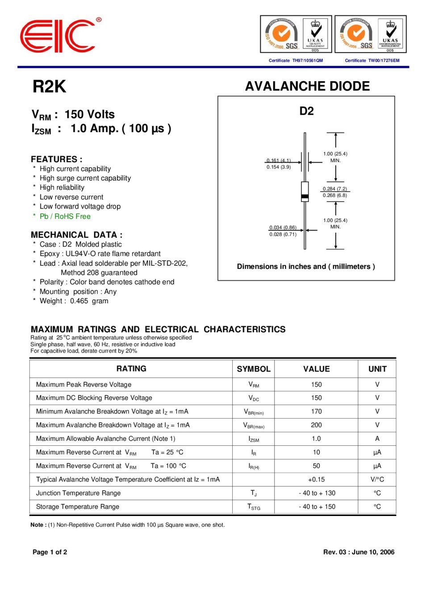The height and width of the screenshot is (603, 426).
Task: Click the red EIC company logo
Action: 57,36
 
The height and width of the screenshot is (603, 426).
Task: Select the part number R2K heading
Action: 49,87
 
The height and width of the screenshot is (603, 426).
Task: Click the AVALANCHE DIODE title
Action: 307,86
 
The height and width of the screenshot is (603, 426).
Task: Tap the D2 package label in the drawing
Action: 306,111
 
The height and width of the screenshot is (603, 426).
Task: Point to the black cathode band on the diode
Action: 305,197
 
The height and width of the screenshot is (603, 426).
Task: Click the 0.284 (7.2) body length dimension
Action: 335,188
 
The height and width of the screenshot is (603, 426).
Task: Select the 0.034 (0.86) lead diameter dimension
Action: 283,227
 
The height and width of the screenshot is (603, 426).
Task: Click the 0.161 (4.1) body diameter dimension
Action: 279,160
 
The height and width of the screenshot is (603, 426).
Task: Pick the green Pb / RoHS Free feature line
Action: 65,216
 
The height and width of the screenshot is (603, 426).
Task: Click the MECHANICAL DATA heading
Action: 76,234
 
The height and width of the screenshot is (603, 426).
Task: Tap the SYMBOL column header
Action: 253,369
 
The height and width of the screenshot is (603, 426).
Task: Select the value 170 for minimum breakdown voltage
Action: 316,411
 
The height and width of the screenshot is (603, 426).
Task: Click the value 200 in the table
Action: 316,425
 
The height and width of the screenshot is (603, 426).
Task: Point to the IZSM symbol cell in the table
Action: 254,439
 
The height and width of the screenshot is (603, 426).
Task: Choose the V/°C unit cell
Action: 377,479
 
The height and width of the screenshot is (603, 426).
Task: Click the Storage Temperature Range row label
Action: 78,507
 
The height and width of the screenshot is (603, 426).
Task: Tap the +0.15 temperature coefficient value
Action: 316,479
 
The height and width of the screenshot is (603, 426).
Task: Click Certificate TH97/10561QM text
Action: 296,60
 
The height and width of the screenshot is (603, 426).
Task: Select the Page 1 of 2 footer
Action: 50,552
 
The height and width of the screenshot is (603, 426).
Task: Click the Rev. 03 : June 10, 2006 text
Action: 359,552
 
